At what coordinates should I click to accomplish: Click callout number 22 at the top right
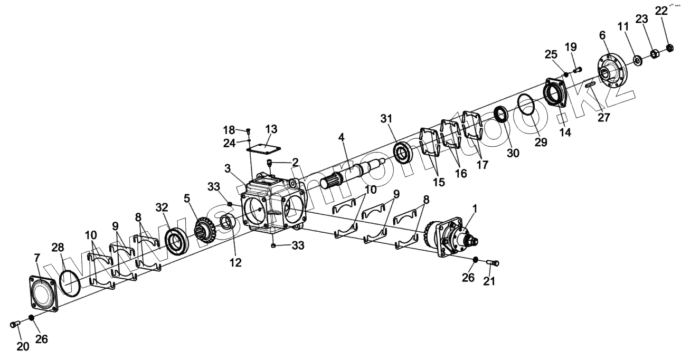point(661,11)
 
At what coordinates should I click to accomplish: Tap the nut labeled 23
point(654,53)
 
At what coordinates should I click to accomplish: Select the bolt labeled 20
point(15,324)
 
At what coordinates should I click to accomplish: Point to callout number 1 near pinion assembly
point(474,209)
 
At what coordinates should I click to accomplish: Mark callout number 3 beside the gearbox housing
point(227,169)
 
